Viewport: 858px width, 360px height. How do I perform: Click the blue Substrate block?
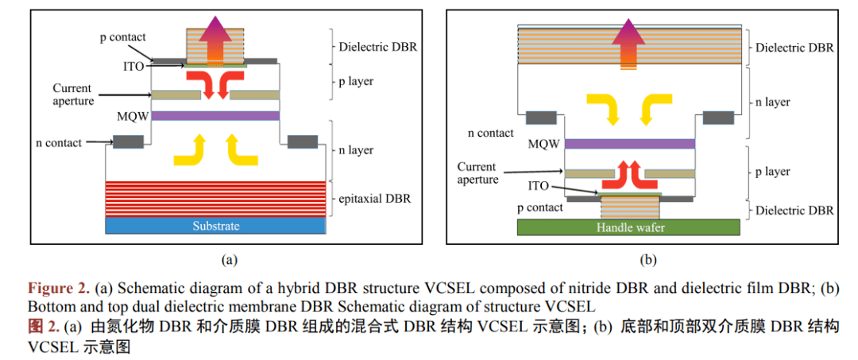coord(216,226)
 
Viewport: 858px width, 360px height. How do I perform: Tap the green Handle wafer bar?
coord(628,227)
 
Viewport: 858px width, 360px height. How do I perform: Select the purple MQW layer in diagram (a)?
coord(215,116)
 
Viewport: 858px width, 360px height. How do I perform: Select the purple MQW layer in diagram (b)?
coord(629,144)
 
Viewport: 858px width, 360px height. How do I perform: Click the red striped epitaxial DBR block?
coord(216,199)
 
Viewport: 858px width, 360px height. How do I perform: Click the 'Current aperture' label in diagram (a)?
coord(72,95)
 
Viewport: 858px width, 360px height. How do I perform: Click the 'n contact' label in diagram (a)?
coord(60,143)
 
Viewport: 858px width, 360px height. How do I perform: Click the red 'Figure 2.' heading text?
coord(58,288)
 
